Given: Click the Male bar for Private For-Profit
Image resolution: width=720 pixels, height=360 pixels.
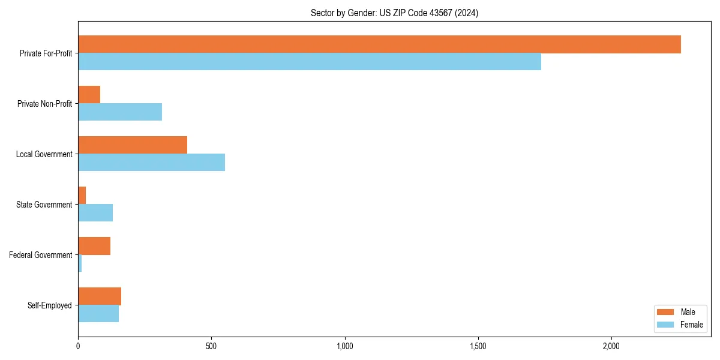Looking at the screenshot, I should pyautogui.click(x=379, y=44).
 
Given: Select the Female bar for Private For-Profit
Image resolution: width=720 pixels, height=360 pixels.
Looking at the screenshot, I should pyautogui.click(x=310, y=62).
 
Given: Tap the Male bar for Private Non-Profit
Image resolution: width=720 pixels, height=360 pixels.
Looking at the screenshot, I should pyautogui.click(x=89, y=95).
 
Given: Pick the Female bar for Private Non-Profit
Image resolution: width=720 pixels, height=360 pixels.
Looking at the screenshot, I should pyautogui.click(x=120, y=112).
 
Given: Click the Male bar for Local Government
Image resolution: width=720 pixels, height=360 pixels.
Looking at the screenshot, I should pyautogui.click(x=133, y=145).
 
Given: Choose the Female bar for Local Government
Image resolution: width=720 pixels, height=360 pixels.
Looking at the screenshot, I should pyautogui.click(x=152, y=163).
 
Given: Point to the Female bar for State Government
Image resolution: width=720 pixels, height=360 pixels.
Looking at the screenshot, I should pyautogui.click(x=95, y=213).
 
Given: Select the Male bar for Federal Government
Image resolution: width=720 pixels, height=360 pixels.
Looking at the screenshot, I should pyautogui.click(x=94, y=246).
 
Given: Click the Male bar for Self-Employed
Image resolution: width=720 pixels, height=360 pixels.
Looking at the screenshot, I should pyautogui.click(x=100, y=296).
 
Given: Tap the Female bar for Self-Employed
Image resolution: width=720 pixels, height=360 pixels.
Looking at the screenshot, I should pyautogui.click(x=98, y=314).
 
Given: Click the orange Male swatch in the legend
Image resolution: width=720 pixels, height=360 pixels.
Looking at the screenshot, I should pyautogui.click(x=666, y=312).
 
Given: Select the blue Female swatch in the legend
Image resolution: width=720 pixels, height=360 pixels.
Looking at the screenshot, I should pyautogui.click(x=666, y=325).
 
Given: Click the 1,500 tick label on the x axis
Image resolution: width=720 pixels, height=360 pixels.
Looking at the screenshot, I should pyautogui.click(x=478, y=347).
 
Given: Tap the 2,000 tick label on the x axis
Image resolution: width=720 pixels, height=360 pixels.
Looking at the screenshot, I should pyautogui.click(x=611, y=347).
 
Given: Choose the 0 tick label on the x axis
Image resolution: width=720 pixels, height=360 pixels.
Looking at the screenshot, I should pyautogui.click(x=78, y=347).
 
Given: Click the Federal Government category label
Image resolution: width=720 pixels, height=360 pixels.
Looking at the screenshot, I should pyautogui.click(x=41, y=255).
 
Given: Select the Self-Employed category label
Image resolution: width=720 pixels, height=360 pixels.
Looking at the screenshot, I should pyautogui.click(x=50, y=305).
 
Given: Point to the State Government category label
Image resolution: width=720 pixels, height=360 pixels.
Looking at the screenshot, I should pyautogui.click(x=44, y=205).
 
